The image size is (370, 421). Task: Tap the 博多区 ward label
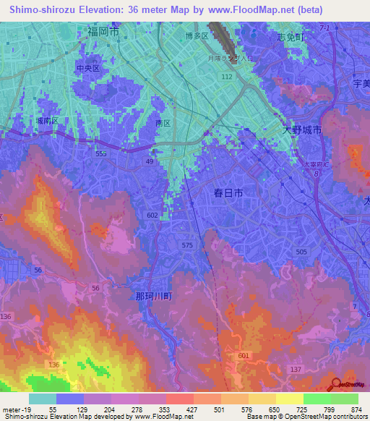197,35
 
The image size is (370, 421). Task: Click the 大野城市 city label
301,127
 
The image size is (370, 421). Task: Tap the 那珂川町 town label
153,296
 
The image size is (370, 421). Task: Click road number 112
227,76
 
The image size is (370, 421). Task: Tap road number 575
188,246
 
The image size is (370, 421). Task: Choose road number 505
301,251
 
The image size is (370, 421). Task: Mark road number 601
243,354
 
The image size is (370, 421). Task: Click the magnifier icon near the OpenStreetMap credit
335,385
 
